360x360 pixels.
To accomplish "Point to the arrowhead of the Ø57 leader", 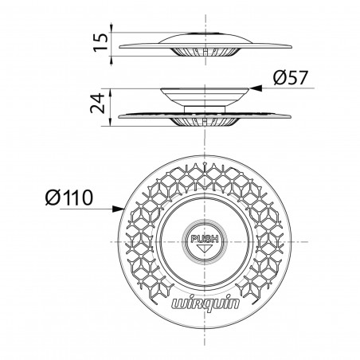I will [x=250, y=90].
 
